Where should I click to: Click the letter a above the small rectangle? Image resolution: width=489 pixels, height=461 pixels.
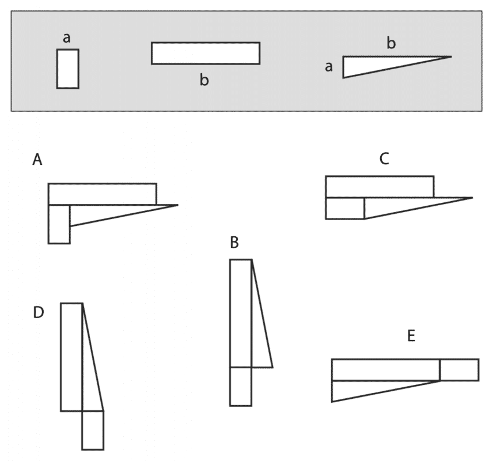pyautogui.click(x=67, y=39)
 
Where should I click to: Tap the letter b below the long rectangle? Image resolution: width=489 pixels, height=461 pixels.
pyautogui.click(x=204, y=80)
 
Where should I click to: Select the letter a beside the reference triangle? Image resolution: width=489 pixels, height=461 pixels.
pyautogui.click(x=329, y=67)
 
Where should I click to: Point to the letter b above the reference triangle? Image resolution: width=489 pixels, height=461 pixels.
pyautogui.click(x=391, y=43)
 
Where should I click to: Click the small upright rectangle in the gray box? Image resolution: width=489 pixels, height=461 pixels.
pyautogui.click(x=67, y=69)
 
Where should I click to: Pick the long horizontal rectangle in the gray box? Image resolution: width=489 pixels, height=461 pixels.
pyautogui.click(x=206, y=53)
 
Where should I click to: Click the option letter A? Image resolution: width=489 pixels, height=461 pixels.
pyautogui.click(x=37, y=160)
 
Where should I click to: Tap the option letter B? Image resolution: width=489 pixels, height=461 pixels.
pyautogui.click(x=234, y=242)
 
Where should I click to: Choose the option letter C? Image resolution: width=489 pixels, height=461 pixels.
pyautogui.click(x=385, y=158)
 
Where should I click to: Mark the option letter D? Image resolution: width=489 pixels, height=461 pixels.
pyautogui.click(x=39, y=313)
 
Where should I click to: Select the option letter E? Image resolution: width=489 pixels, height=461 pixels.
pyautogui.click(x=411, y=336)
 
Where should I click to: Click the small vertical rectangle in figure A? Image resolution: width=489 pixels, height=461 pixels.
pyautogui.click(x=59, y=224)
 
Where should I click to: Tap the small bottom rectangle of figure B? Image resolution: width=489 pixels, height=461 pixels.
pyautogui.click(x=241, y=386)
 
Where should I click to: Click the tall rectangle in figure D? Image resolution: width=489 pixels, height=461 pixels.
pyautogui.click(x=71, y=357)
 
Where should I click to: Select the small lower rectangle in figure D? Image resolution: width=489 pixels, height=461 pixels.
pyautogui.click(x=93, y=430)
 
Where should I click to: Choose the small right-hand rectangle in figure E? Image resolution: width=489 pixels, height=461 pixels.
pyautogui.click(x=459, y=369)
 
